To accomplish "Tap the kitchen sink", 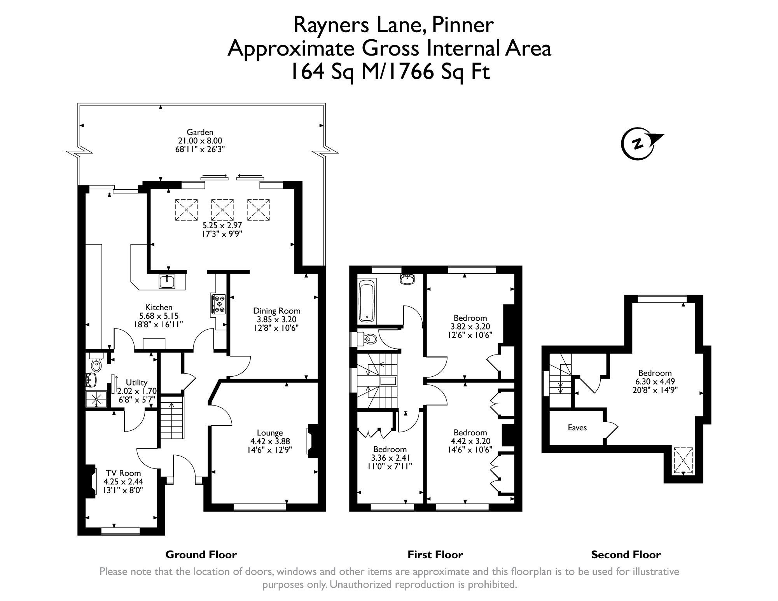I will tap(168, 281).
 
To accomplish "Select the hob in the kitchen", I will tap(219, 304).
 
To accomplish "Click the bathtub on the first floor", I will tap(367, 301).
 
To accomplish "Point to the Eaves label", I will tap(577, 428).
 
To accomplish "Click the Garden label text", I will tap(200, 132).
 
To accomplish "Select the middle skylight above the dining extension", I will tap(222, 210).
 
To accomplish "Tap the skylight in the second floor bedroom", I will tap(683, 461).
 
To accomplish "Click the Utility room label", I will tap(136, 383).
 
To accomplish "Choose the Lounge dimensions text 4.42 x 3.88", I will tap(270, 441).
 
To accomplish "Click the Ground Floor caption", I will tap(201, 554).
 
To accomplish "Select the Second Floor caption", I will tap(626, 554).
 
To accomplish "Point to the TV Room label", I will tap(123, 473).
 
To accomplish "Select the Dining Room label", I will tap(276, 311).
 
